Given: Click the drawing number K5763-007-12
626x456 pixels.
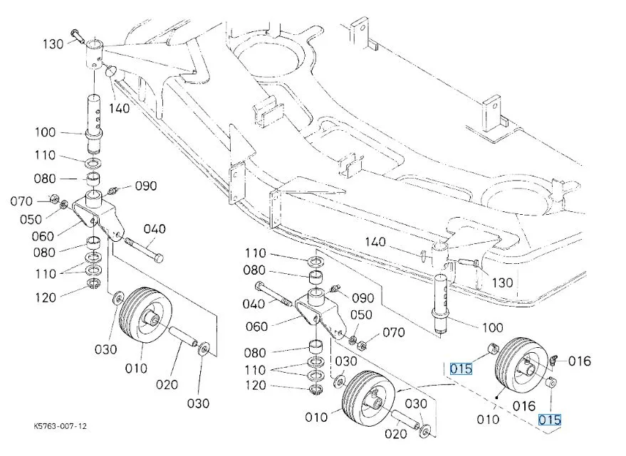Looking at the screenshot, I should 61,426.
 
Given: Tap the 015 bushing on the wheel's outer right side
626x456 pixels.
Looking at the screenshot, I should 551,384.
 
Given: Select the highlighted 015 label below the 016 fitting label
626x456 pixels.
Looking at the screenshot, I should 549,420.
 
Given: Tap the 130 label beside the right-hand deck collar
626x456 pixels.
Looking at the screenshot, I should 502,282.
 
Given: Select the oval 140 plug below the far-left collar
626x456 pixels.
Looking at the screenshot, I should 111,70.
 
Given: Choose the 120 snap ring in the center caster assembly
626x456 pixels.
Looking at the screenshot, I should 314,388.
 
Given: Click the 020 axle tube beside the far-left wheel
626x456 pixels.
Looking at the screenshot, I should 181,336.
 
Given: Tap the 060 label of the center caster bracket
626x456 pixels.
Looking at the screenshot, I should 256,327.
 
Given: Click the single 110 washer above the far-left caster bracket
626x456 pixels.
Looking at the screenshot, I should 93,160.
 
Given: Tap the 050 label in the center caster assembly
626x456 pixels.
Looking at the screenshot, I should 360,315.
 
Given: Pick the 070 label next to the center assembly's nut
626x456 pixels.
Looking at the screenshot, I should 393,332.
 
